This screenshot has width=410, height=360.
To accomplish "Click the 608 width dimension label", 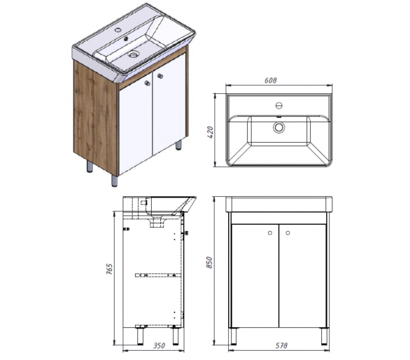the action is (x=270, y=80).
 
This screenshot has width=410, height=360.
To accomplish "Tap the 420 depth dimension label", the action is (x=211, y=132).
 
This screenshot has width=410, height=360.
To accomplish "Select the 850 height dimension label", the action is (x=210, y=263).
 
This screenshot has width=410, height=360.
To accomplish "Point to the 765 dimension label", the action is (x=110, y=269).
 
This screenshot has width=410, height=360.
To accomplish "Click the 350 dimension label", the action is (x=159, y=345).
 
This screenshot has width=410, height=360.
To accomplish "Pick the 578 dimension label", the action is (x=281, y=345).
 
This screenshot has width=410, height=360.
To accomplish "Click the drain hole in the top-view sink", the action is (x=279, y=127).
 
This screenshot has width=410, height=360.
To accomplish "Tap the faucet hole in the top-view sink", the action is (x=279, y=106).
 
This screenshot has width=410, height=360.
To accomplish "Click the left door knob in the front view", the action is (x=270, y=233).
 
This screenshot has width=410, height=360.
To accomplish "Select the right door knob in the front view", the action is (x=288, y=233).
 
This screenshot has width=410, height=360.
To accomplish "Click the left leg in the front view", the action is (x=232, y=336).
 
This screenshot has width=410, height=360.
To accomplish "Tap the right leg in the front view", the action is (x=324, y=336).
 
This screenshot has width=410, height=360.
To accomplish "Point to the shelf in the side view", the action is (x=158, y=275).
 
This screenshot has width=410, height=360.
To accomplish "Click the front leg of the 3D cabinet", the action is (x=114, y=181).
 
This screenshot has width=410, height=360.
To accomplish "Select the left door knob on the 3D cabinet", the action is (x=148, y=83).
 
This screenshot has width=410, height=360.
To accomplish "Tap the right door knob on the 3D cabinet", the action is (x=160, y=76).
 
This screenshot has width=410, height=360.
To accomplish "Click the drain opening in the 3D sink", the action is (x=134, y=55).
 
